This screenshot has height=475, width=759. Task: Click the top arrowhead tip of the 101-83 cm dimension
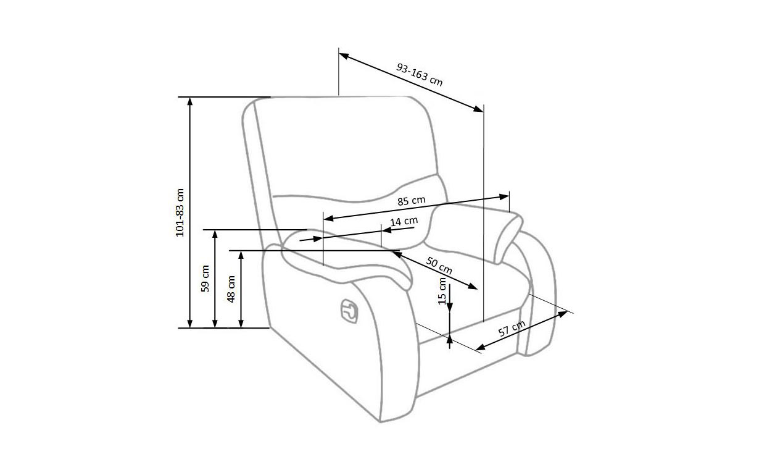190,98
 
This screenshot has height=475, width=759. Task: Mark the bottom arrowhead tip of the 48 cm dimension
241,328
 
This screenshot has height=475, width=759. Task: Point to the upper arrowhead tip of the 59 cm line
215,230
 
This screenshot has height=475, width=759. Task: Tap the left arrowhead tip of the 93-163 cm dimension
339,53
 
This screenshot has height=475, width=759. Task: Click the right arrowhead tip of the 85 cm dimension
509,196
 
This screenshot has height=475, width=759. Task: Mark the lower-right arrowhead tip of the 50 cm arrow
478,289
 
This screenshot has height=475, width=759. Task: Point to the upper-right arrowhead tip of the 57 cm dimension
568,311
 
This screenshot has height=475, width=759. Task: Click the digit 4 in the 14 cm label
399,222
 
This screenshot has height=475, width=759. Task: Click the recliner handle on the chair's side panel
349,311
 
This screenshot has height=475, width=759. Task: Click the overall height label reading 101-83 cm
180,212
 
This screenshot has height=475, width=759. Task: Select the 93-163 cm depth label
420,75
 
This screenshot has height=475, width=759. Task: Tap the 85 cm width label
412,201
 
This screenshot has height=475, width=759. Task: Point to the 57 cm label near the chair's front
512,328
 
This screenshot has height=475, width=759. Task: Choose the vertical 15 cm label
442,291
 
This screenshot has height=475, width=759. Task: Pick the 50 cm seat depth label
439,266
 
